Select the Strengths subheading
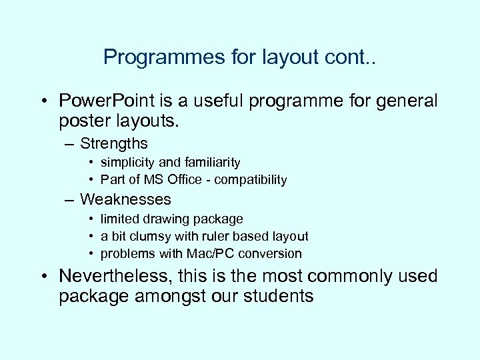(113, 143)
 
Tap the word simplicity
(127, 162)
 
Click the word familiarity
(207, 162)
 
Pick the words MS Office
(172, 179)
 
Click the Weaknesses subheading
(125, 199)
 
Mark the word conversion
(273, 253)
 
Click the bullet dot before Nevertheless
(43, 277)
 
